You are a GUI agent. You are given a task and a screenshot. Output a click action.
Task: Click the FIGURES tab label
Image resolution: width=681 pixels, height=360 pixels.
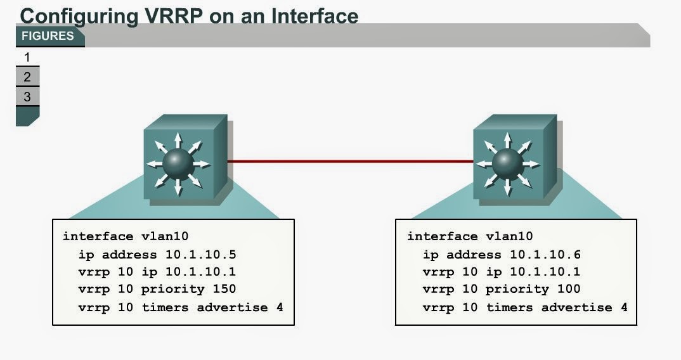coord(48,36)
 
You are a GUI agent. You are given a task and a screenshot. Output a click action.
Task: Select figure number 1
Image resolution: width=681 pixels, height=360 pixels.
coord(27,58)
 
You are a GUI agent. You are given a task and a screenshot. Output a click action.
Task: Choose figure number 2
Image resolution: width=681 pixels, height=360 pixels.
coord(27,77)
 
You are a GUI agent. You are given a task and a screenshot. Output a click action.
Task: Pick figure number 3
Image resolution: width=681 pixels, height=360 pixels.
coord(27,97)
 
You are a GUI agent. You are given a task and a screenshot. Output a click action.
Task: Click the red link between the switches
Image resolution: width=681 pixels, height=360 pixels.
coord(350,162)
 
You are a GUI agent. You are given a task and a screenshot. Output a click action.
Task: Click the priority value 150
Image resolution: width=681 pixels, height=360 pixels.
coord(224,290)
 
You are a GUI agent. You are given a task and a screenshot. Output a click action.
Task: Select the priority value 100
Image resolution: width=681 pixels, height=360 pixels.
coord(569,290)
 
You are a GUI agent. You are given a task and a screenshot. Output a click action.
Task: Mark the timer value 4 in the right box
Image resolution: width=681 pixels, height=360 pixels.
coord(624,307)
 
